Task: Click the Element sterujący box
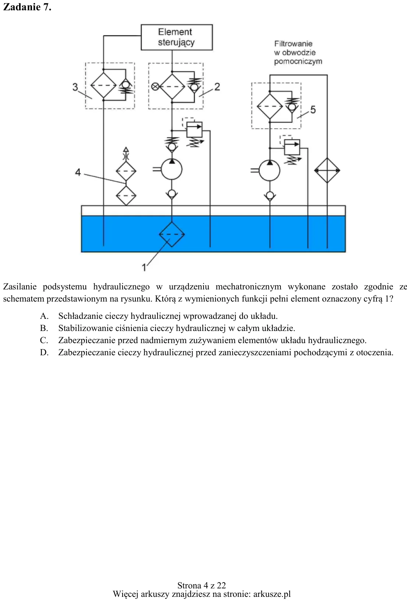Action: click(x=177, y=38)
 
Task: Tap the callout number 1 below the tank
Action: click(x=144, y=267)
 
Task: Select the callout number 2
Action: click(x=217, y=87)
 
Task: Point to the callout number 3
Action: click(x=75, y=87)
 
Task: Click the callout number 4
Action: click(x=78, y=172)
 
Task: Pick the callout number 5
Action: click(x=313, y=110)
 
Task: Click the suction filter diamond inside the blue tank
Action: click(x=171, y=234)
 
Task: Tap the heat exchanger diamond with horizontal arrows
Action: click(x=327, y=170)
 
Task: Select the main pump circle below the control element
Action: click(x=171, y=169)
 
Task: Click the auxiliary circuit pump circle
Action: click(x=269, y=170)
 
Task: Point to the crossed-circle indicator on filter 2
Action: click(x=155, y=87)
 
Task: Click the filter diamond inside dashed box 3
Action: click(x=103, y=85)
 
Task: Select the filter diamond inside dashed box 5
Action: click(x=270, y=106)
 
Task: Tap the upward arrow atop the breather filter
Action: click(x=126, y=150)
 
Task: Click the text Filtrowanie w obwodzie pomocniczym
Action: click(x=298, y=53)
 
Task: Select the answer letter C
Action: click(x=44, y=340)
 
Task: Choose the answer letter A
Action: click(x=44, y=316)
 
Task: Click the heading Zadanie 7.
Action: click(x=27, y=7)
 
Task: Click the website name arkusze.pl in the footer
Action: click(x=272, y=594)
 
